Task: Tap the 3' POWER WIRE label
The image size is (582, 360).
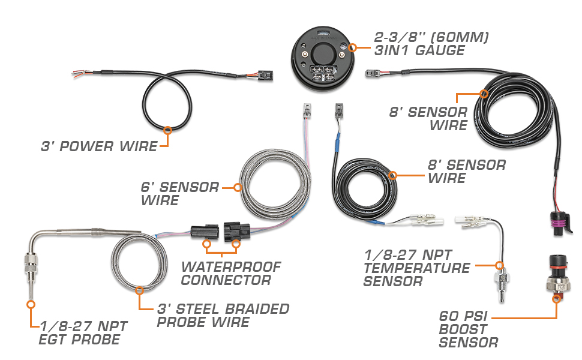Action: pos(100,146)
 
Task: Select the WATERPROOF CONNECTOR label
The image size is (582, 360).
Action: pos(230,272)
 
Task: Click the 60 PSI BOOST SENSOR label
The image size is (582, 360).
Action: pos(469,329)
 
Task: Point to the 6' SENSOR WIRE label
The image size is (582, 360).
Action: pos(180,193)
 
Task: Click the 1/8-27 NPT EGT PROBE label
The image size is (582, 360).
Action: pos(79,333)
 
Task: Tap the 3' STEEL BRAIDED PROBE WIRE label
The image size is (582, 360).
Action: pos(223,316)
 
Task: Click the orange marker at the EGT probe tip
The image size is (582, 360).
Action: pos(29,304)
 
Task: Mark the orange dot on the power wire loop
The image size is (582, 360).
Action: pos(167,129)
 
